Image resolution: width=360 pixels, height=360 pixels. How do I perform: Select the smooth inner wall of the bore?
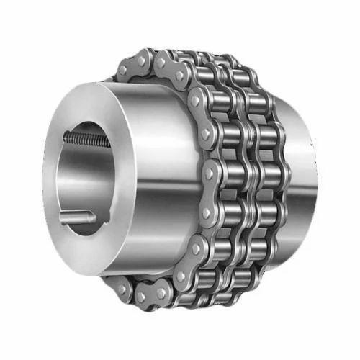tap(68, 176)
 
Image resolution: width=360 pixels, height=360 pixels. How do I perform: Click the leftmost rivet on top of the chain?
tap(123, 71)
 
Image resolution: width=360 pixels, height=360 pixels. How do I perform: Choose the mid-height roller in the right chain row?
tap(269, 173)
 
